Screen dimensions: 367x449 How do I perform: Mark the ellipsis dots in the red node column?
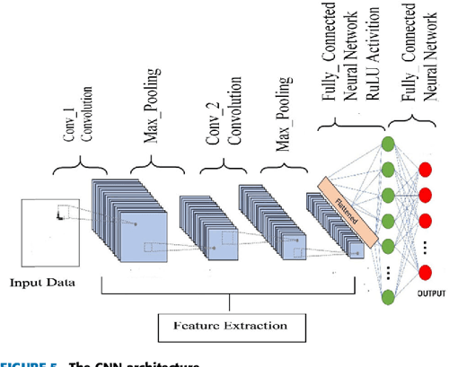(x=426, y=246)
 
